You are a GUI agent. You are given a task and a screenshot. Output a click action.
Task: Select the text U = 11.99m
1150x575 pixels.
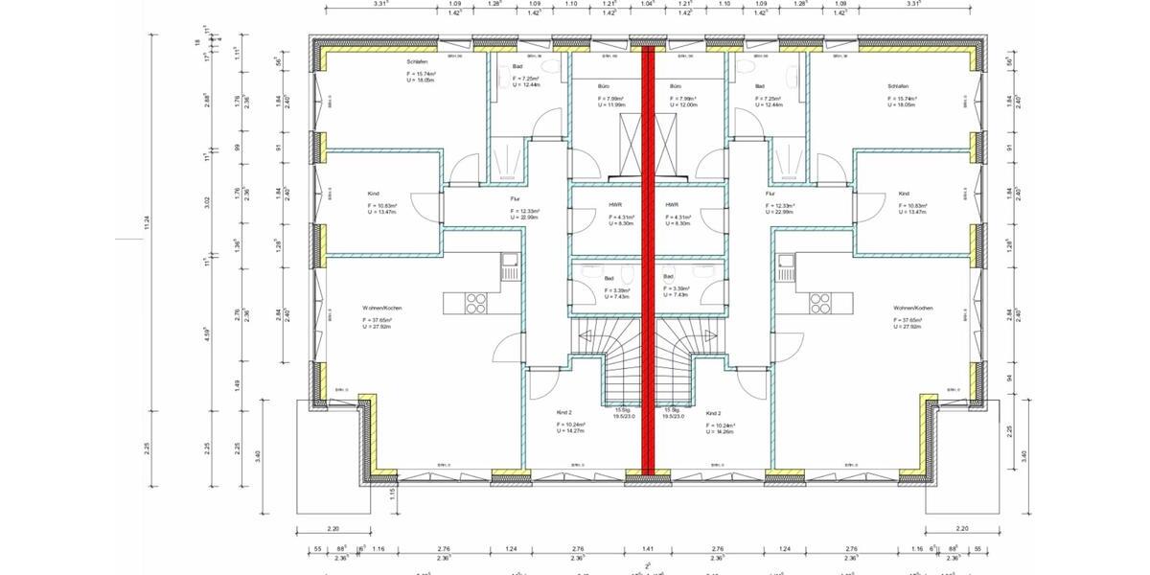tap(615, 104)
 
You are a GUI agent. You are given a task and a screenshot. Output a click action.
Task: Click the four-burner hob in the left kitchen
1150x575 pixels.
tap(476, 303)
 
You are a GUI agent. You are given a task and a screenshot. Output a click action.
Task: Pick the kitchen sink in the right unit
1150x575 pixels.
tap(787, 261)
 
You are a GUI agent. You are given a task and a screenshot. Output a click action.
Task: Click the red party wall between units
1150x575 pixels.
tap(648, 259)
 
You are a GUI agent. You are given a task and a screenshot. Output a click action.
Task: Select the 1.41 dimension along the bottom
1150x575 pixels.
tap(647, 548)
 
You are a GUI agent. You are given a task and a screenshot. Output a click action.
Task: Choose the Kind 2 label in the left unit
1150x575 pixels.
tap(563, 412)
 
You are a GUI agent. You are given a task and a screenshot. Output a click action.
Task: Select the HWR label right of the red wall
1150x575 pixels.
tap(672, 205)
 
